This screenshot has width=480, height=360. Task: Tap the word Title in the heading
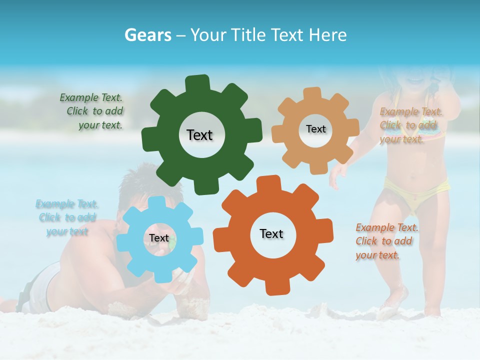(249, 34)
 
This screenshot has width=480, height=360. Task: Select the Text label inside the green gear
(200, 135)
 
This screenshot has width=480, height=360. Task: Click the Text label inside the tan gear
(315, 129)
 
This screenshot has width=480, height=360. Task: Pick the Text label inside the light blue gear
(159, 238)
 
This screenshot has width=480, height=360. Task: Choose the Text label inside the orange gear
(271, 233)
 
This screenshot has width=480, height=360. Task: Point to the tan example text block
(410, 125)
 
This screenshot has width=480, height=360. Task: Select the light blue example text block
(67, 217)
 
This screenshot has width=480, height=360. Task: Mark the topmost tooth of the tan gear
(312, 93)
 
